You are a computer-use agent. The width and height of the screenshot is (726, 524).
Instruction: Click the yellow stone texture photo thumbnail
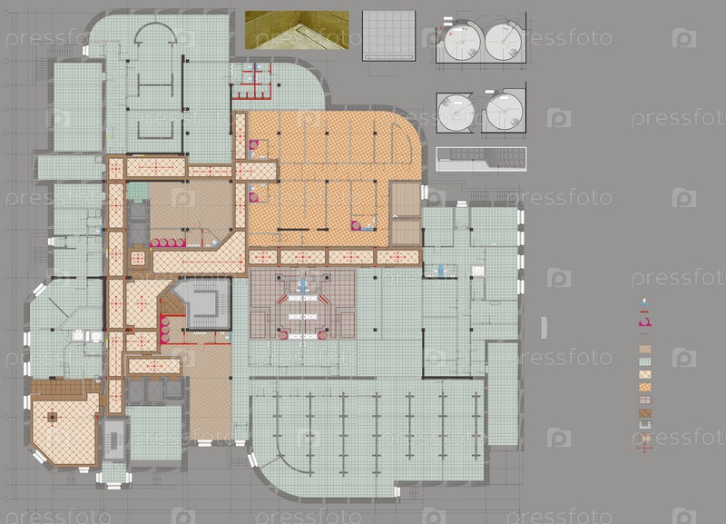click(297, 30)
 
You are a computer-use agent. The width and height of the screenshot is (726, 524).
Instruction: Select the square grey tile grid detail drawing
click(389, 35)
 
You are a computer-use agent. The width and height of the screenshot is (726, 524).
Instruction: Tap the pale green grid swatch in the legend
click(645, 361)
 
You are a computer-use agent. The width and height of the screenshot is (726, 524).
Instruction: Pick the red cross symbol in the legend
click(644, 448)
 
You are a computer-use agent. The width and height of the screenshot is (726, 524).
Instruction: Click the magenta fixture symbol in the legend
click(644, 321)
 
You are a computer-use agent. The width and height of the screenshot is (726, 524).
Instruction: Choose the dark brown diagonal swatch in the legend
click(645, 413)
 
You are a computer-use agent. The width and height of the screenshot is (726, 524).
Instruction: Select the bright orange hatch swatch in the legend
click(645, 388)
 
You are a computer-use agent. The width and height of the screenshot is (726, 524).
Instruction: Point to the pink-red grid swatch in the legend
click(645, 400)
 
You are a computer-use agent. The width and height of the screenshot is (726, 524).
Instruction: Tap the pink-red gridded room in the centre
click(303, 304)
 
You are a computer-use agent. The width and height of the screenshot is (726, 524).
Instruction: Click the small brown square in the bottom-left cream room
click(53, 418)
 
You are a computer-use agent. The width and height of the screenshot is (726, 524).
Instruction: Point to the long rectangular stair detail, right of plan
click(481, 159)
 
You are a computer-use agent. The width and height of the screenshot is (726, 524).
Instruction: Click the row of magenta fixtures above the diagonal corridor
click(167, 242)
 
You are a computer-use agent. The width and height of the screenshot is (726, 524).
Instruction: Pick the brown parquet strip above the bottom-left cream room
click(65, 388)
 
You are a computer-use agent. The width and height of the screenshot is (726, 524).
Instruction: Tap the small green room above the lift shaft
click(138, 191)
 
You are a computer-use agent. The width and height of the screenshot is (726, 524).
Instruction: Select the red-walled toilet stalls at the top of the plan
click(251, 81)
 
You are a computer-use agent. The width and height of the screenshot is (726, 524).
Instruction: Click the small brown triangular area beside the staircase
click(171, 302)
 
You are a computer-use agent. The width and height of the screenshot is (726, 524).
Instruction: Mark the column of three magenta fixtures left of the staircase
click(164, 329)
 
